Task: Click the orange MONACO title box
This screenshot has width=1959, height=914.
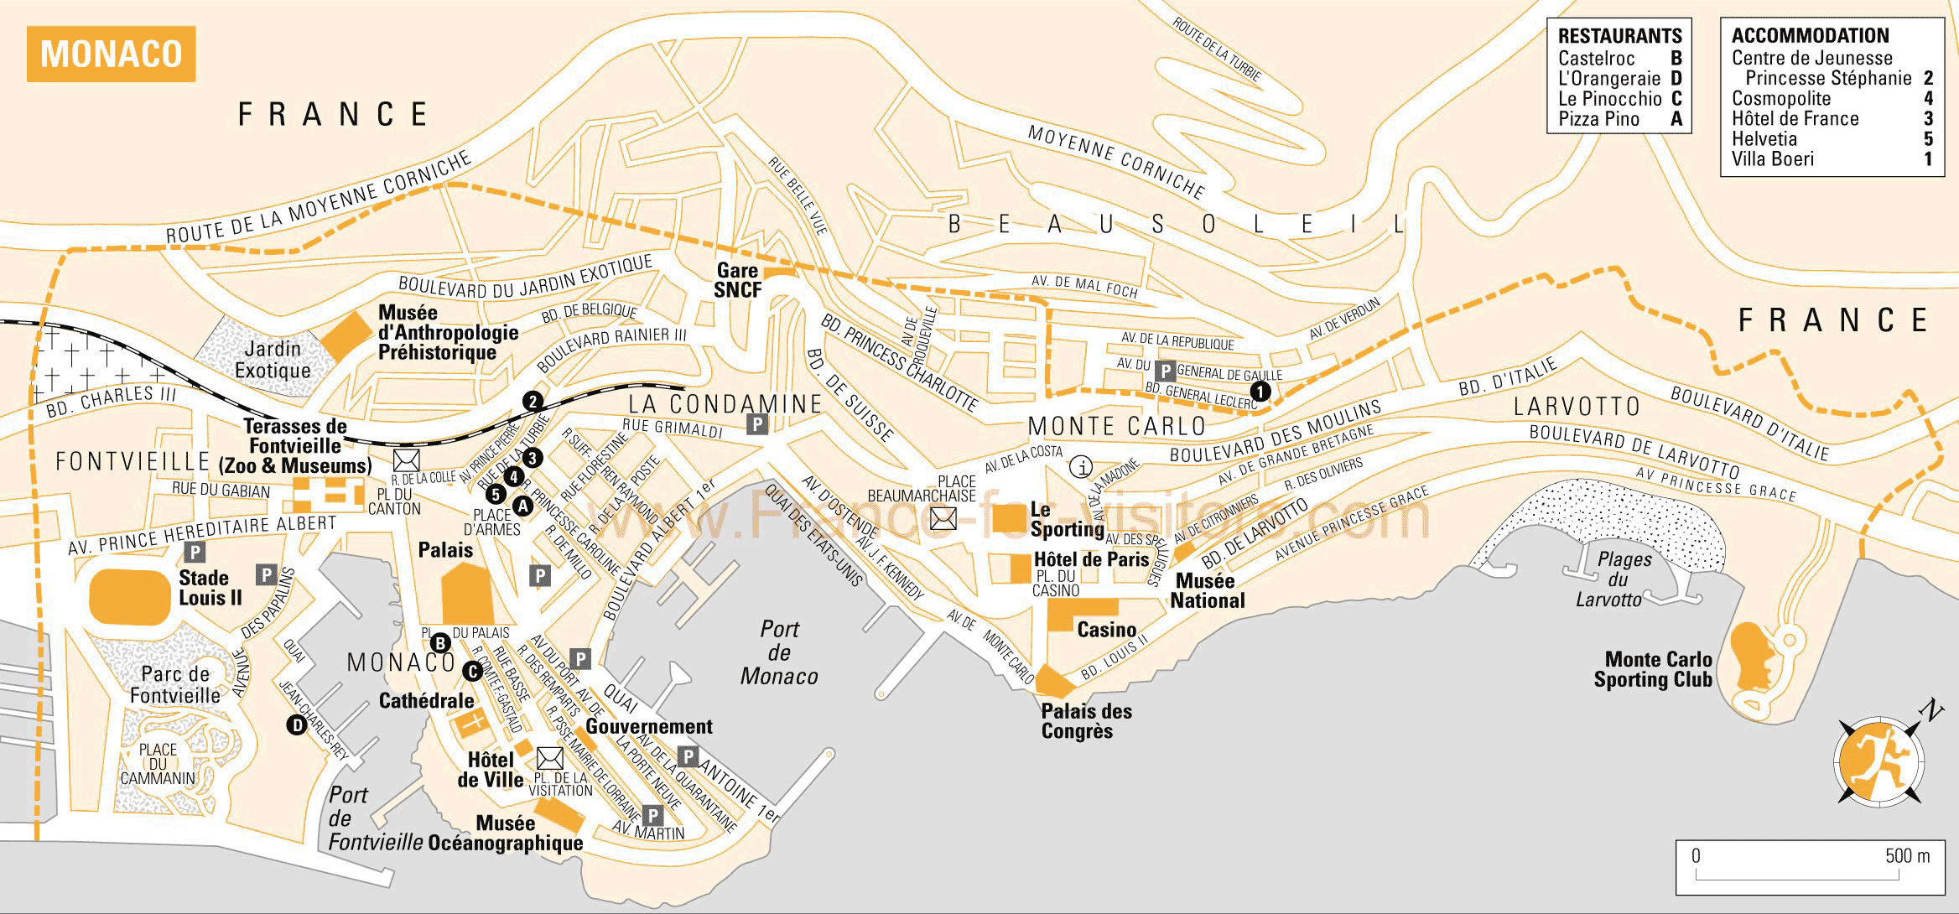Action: click(111, 54)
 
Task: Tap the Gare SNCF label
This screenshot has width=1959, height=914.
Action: click(738, 280)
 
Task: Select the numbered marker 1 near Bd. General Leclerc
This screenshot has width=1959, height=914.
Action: click(1260, 391)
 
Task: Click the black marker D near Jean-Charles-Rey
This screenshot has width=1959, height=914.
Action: click(296, 725)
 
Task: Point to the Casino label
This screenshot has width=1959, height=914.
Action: click(1106, 630)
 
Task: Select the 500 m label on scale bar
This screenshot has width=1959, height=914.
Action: click(1907, 856)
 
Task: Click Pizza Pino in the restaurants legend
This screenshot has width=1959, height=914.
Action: click(1598, 119)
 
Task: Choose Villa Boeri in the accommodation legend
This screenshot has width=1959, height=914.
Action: click(1772, 159)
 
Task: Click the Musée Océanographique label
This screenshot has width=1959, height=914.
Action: click(506, 834)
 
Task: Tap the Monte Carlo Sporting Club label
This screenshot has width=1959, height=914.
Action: click(1652, 670)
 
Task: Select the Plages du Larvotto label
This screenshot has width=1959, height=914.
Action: click(1611, 579)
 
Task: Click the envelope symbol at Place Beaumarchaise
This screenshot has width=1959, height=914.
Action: click(943, 519)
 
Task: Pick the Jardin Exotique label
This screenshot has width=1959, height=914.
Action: click(273, 360)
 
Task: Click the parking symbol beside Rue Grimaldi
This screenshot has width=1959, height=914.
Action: click(757, 424)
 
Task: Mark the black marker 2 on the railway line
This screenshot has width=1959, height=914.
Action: click(533, 402)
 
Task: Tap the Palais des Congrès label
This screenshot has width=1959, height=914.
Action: click(1086, 721)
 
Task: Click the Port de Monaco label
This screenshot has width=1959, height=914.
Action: click(779, 652)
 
